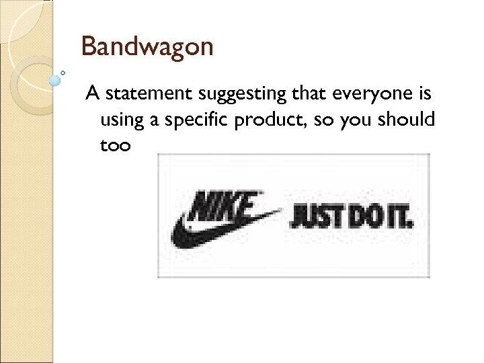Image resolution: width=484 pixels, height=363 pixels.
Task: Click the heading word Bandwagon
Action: coord(147,47)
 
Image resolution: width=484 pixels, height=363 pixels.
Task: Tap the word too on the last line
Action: coord(116,145)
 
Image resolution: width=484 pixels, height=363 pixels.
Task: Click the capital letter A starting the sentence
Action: coord(91,93)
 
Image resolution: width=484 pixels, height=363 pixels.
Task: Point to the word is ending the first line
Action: coord(424,93)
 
